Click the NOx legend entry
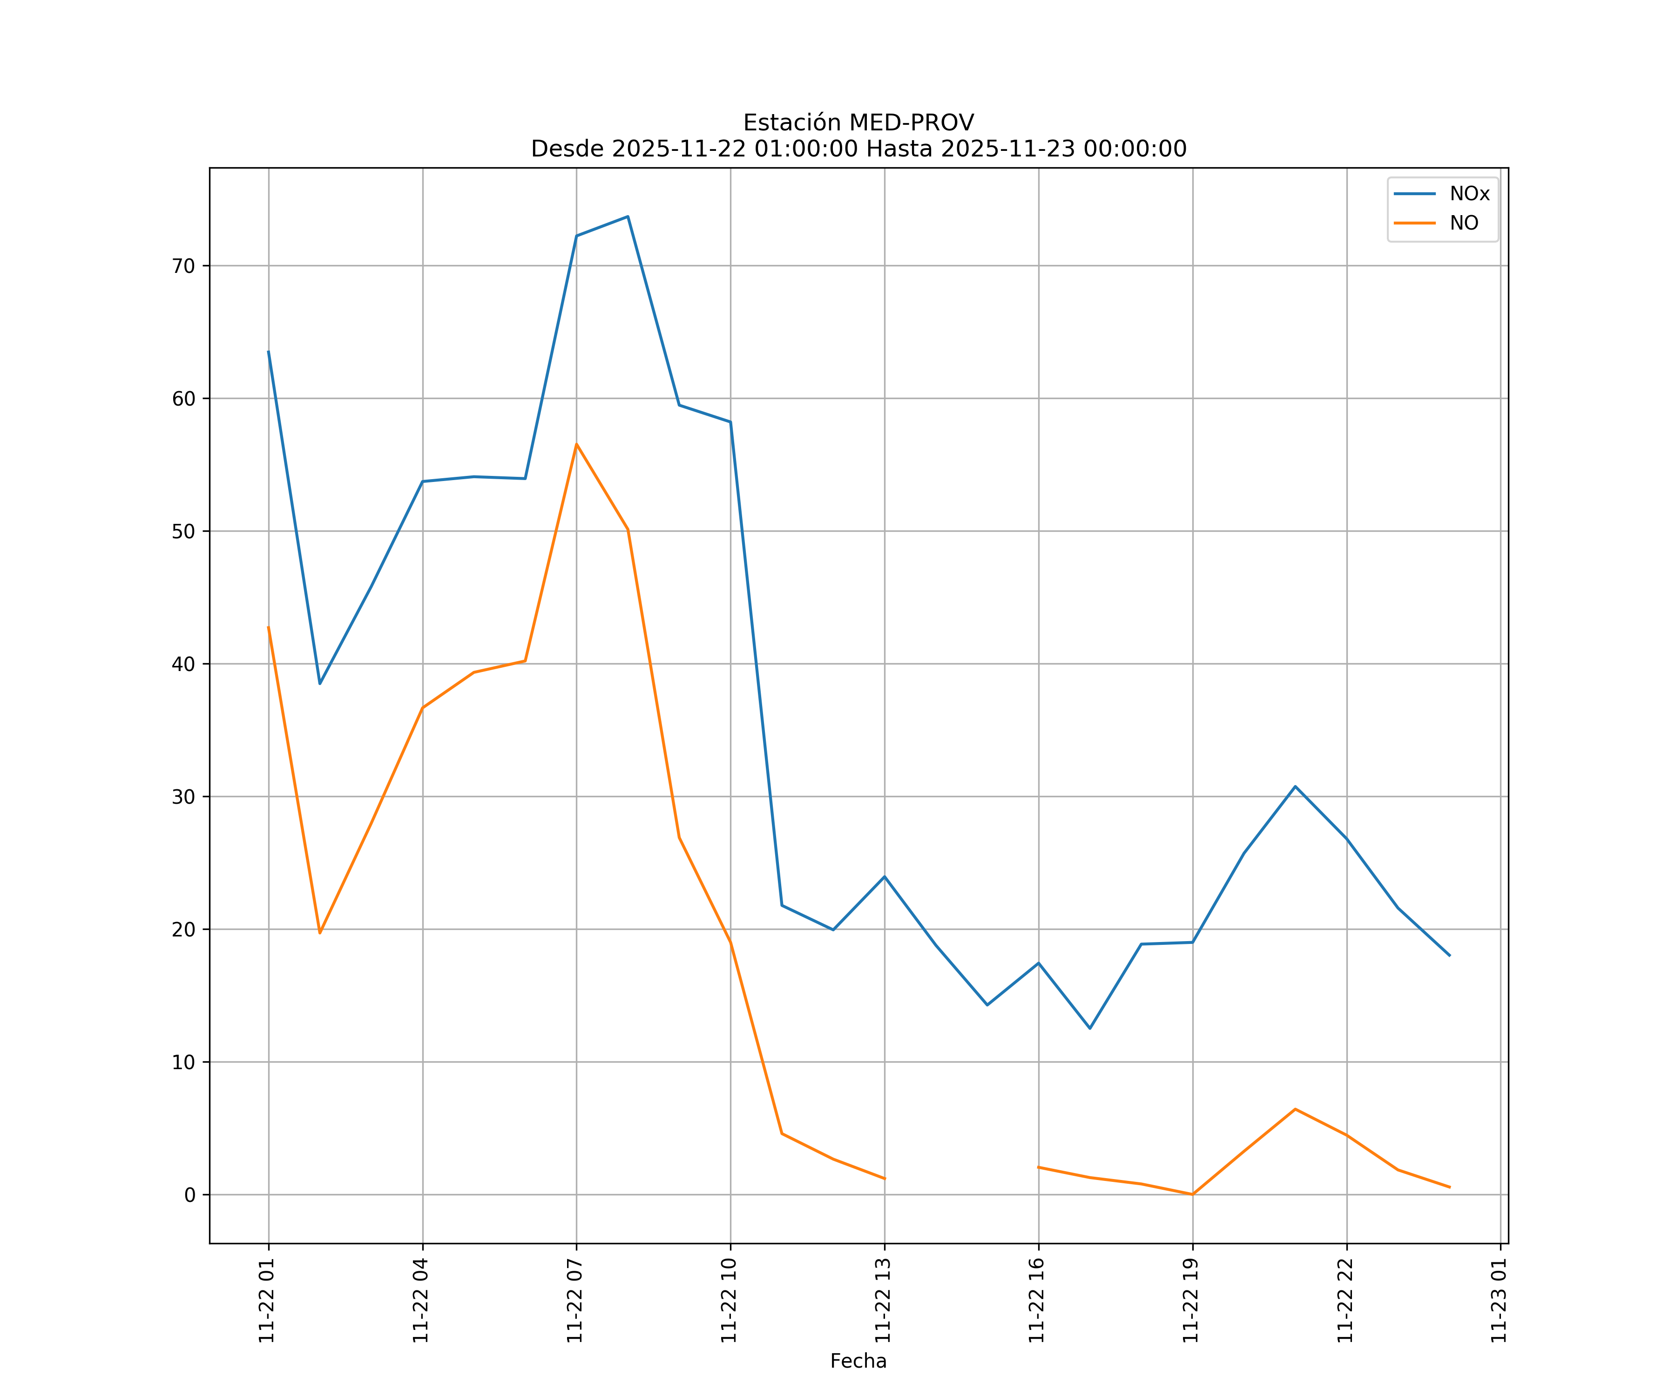pos(1468,194)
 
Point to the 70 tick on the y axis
pos(183,266)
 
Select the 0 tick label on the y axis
pos(190,1195)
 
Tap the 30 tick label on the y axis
pos(183,797)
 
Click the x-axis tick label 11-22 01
pos(267,1301)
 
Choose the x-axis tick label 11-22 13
pos(883,1301)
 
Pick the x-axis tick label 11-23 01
pos(1499,1301)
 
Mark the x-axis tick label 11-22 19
pos(1191,1301)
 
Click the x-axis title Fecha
pos(858,1361)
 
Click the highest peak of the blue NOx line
pos(628,217)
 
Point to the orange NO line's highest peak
pos(576,444)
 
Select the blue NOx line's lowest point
pos(1089,1028)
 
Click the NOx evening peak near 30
pos(1295,787)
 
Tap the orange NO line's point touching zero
pos(1192,1194)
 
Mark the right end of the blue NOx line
pos(1449,956)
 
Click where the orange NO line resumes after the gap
pos(1038,1167)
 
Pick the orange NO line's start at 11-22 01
pos(268,627)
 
